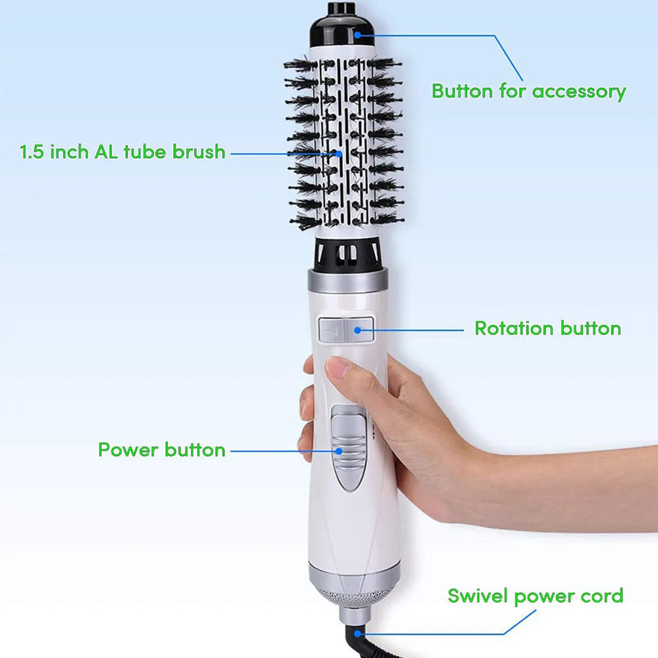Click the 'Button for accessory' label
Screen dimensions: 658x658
point(529,91)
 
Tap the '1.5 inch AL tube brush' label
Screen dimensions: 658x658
point(122,151)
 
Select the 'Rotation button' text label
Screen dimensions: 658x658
point(547,328)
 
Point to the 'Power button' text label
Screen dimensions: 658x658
point(162,449)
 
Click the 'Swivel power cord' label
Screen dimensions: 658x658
point(536,596)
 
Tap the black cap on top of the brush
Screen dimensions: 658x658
point(342,26)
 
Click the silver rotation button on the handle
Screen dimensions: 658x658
point(346,330)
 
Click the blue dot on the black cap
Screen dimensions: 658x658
point(357,35)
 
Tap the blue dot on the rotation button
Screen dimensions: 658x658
point(357,330)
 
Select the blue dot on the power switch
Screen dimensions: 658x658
point(339,451)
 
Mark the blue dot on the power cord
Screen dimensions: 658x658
point(357,634)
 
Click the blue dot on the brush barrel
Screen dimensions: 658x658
point(339,154)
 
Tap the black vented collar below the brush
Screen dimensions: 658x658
point(347,254)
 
